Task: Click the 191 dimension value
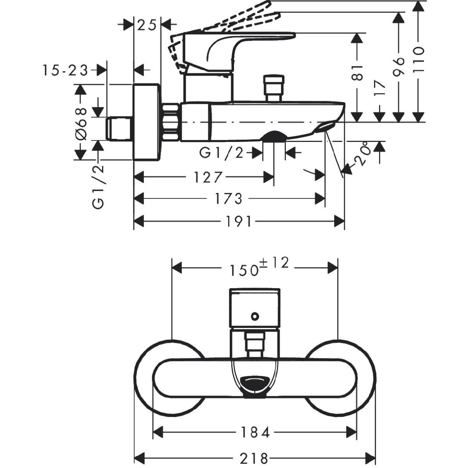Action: pyautogui.click(x=239, y=222)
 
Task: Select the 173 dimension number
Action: pyautogui.click(x=229, y=199)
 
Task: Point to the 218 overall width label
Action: pyautogui.click(x=255, y=457)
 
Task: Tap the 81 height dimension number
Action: pyautogui.click(x=357, y=72)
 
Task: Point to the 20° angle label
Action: pyautogui.click(x=361, y=156)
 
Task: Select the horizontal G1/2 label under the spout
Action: pyautogui.click(x=221, y=152)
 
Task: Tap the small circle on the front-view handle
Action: pyautogui.click(x=255, y=316)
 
